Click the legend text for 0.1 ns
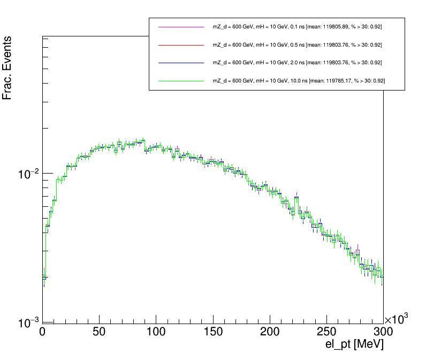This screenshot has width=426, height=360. pyautogui.click(x=297, y=27)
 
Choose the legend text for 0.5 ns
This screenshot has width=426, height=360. pyautogui.click(x=297, y=45)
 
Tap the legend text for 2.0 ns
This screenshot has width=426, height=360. pyautogui.click(x=297, y=63)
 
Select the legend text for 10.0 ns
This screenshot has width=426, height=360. pyautogui.click(x=299, y=81)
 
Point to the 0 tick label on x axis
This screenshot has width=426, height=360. pyautogui.click(x=42, y=332)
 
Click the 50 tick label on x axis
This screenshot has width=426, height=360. pyautogui.click(x=99, y=332)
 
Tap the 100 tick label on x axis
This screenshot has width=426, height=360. pyautogui.click(x=156, y=332)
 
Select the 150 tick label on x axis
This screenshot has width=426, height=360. pyautogui.click(x=212, y=332)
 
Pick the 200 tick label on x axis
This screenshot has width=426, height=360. pyautogui.click(x=269, y=332)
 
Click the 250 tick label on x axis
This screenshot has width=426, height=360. pyautogui.click(x=326, y=332)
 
